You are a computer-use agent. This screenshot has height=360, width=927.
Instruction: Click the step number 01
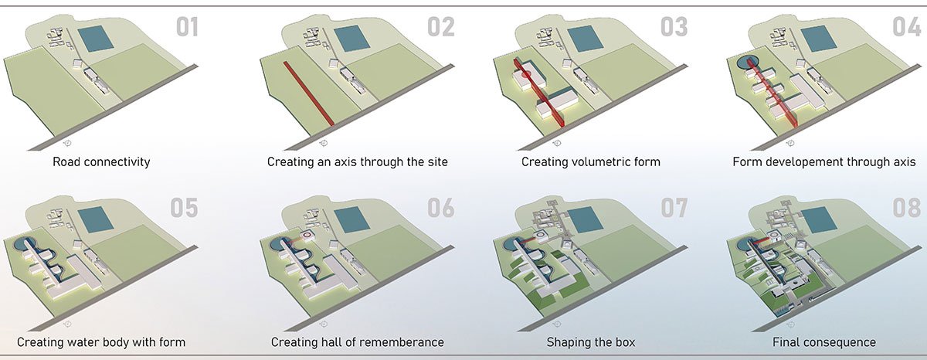(187, 27)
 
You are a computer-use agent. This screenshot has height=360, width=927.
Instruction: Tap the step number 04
(906, 27)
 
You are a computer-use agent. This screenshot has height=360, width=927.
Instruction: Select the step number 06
(441, 208)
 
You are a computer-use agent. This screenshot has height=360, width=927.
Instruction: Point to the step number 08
(906, 208)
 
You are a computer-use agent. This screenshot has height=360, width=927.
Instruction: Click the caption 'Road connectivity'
(101, 161)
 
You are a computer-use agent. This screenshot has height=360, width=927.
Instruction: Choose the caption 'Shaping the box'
(590, 342)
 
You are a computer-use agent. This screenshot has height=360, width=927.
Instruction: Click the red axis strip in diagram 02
(309, 93)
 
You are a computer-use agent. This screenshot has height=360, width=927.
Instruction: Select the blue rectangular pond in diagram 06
(351, 219)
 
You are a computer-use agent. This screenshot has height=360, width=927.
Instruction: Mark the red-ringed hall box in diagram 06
(307, 235)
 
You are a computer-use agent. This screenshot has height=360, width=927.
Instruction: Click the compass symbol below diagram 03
(557, 143)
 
